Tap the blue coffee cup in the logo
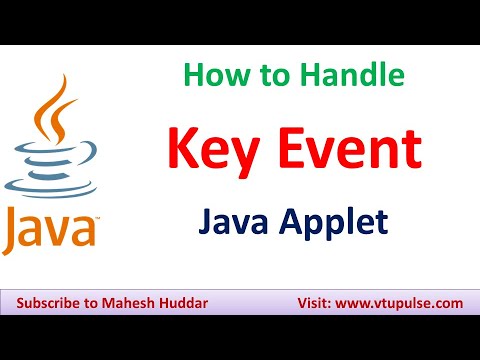(x=50, y=164)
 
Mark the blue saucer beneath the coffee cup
(x=50, y=187)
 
